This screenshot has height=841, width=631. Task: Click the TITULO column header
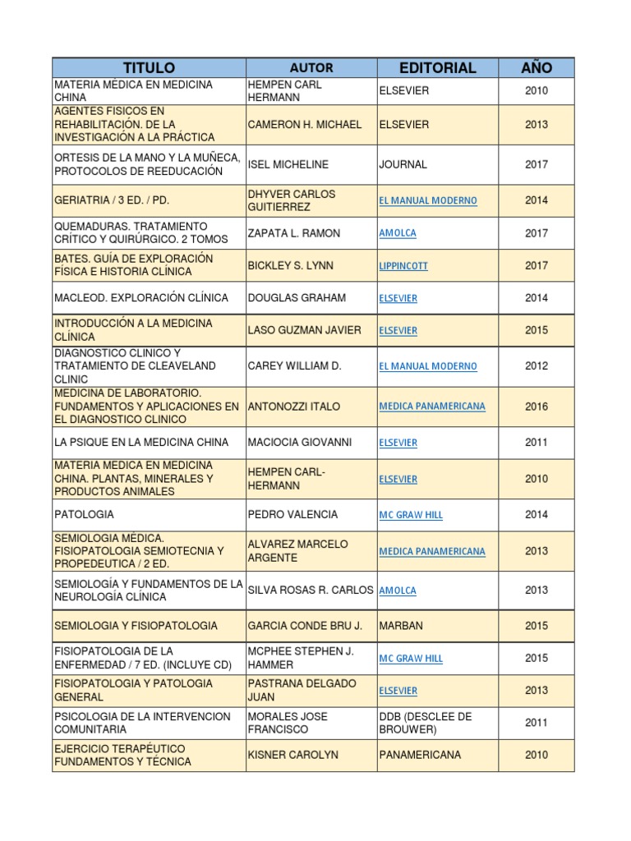pos(149,67)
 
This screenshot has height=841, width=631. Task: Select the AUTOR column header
pos(311,67)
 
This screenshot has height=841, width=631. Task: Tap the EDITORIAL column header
pos(437,67)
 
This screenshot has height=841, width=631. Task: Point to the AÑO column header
pos(537,67)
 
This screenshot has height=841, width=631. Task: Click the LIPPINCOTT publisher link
pos(403,266)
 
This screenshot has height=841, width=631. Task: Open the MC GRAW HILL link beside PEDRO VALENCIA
pos(411,515)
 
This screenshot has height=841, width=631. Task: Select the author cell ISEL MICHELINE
pos(288,164)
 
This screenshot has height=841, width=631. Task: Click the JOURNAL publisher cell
pos(403,164)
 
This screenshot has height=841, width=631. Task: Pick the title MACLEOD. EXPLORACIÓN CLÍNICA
pos(141,298)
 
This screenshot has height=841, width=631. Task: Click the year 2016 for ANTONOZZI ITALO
pos(537,407)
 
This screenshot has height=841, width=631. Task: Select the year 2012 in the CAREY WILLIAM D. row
pos(537,366)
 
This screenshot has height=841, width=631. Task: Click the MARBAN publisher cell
pos(401,626)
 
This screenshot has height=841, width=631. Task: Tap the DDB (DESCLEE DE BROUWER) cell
pos(426,723)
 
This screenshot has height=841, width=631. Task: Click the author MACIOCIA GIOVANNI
pos(299,443)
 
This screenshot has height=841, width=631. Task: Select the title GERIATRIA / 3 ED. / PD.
pos(112,200)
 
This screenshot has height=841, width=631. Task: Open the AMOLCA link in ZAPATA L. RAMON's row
pos(398,233)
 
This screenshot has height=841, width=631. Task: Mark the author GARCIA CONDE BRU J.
pos(305,626)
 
